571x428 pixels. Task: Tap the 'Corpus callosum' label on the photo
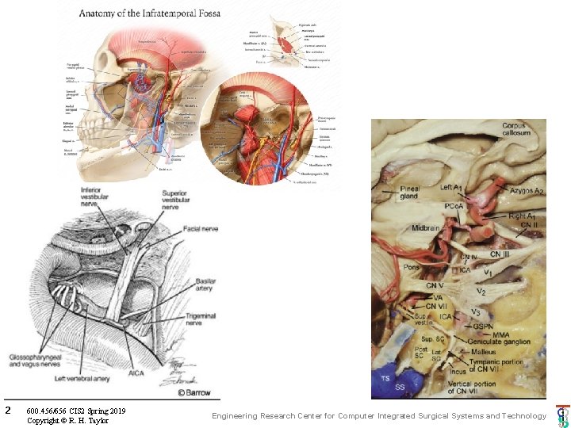pyautogui.click(x=519, y=129)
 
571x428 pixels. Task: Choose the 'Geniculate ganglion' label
pyautogui.click(x=500, y=342)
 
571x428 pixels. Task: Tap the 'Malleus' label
pyautogui.click(x=483, y=352)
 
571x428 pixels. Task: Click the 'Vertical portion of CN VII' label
pyautogui.click(x=471, y=388)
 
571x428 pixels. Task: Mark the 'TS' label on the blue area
pyautogui.click(x=386, y=377)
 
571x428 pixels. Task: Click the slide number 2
pyautogui.click(x=7, y=411)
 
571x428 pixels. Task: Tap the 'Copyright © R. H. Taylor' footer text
pyautogui.click(x=67, y=420)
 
